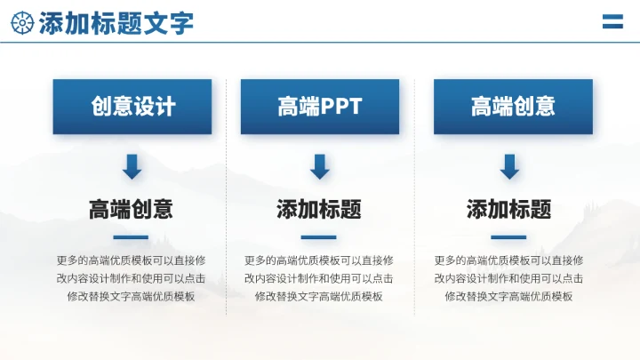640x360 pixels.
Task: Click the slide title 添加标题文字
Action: tap(116, 22)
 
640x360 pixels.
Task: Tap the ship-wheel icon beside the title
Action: tap(23, 22)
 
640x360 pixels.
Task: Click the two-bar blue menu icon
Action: tap(612, 21)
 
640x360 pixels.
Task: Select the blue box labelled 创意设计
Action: tap(132, 107)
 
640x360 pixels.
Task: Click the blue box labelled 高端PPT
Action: tap(319, 107)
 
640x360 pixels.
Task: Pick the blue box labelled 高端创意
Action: tap(513, 107)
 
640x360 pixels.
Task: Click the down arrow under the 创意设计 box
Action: tap(132, 166)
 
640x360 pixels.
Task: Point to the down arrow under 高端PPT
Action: tap(320, 166)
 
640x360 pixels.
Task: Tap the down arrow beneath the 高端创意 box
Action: tap(509, 166)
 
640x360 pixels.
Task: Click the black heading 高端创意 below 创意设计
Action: tap(131, 210)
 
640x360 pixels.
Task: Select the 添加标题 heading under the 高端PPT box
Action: tap(319, 210)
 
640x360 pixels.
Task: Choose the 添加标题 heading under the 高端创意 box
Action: tap(509, 210)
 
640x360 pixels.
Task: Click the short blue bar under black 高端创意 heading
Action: tap(131, 237)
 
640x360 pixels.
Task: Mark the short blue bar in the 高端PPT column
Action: tap(319, 237)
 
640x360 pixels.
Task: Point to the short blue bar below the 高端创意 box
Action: tap(509, 237)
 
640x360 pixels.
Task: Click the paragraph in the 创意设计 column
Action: tap(131, 278)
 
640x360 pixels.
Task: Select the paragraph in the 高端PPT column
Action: tap(319, 278)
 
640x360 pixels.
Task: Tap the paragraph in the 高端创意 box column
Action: tap(509, 278)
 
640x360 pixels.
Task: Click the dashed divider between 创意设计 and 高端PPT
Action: tap(227, 196)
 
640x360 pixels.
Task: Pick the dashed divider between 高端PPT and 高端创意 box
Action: tap(415, 196)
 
